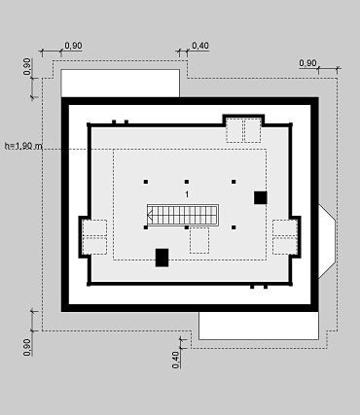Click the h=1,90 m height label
tap(23, 146)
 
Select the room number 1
tap(187, 194)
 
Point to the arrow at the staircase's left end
tap(150, 214)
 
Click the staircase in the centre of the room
tap(183, 214)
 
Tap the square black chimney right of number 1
tap(261, 197)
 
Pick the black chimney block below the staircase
tap(162, 258)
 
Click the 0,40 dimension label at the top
tap(200, 46)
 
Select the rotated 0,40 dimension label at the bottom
tap(176, 360)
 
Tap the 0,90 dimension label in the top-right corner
tap(307, 63)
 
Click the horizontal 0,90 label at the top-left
tap(73, 46)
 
